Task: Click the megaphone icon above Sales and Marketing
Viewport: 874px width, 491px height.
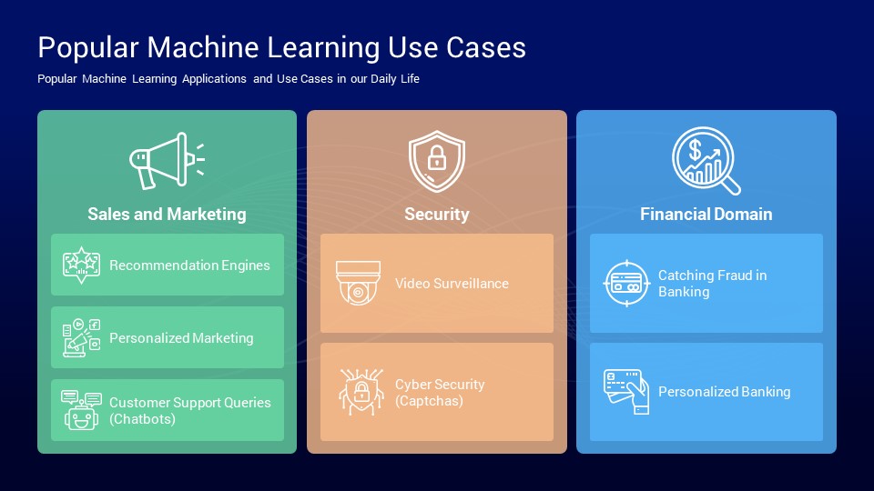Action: (167, 161)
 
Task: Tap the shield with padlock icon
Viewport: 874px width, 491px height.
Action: (436, 161)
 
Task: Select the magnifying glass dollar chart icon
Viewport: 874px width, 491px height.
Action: (706, 160)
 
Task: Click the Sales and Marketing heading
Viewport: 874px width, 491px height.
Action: (167, 215)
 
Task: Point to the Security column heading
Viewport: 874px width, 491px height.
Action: (436, 215)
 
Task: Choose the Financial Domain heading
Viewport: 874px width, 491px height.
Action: (706, 215)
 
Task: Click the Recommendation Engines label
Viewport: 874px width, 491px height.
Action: (189, 266)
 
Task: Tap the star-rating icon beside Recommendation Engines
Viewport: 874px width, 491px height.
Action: (81, 265)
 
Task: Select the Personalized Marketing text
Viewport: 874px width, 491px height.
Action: (181, 338)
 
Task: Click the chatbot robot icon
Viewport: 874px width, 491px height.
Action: (81, 410)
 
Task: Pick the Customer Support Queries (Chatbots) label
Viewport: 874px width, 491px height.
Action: (190, 411)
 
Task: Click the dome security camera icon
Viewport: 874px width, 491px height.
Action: (359, 284)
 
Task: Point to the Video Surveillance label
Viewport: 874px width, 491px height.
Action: (452, 284)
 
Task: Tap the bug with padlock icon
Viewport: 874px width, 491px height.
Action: (361, 392)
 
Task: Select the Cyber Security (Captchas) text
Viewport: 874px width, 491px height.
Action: (440, 393)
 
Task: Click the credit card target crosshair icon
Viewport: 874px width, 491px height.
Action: (626, 284)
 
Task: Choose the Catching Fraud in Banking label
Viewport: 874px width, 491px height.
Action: (712, 284)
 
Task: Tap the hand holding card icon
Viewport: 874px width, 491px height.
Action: (626, 392)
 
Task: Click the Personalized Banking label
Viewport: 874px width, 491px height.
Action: (724, 392)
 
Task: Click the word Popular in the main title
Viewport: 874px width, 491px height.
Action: (88, 47)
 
